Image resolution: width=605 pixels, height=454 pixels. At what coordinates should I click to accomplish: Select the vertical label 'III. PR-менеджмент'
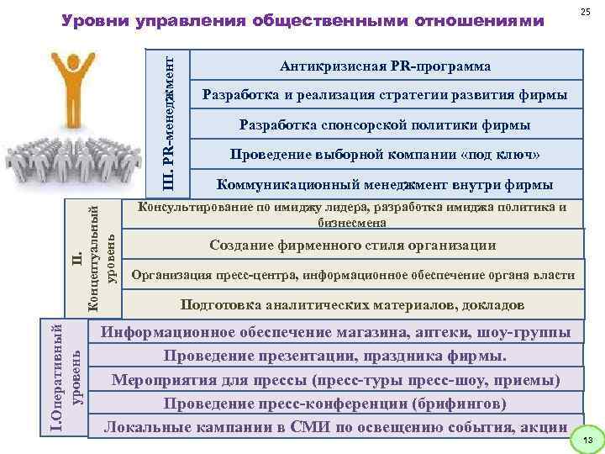pyautogui.click(x=169, y=121)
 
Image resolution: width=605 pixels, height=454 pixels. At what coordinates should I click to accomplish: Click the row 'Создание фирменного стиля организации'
pyautogui.click(x=352, y=245)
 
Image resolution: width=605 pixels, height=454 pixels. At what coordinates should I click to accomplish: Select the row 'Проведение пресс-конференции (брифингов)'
pyautogui.click(x=335, y=403)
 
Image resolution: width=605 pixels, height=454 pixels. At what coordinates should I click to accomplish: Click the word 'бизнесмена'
pyautogui.click(x=352, y=224)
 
